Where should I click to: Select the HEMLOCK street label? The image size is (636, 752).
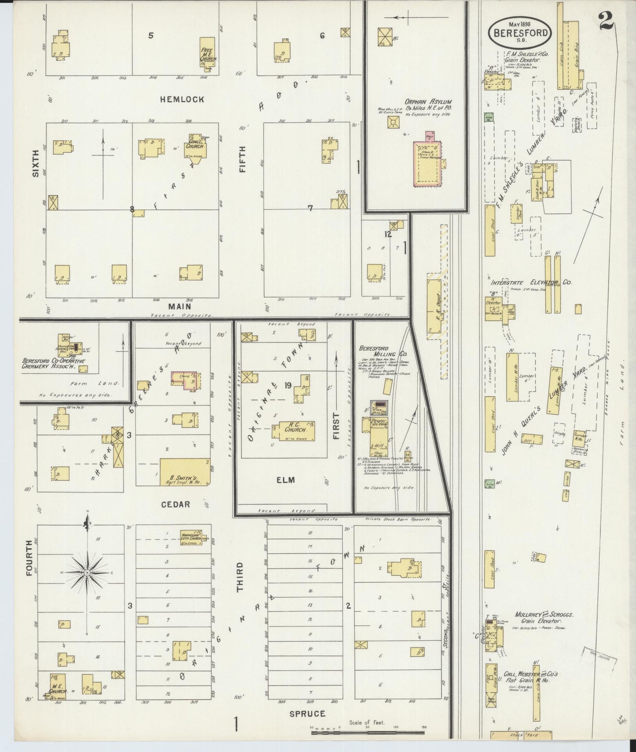[x=182, y=99]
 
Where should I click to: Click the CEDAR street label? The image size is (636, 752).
[x=175, y=504]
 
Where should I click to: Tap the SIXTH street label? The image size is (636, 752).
[x=35, y=164]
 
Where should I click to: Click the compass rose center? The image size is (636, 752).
[x=87, y=573]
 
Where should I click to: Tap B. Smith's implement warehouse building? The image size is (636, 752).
[x=184, y=472]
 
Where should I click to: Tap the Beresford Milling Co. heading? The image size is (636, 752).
[x=376, y=351]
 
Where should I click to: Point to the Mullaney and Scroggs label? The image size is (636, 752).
[x=544, y=614]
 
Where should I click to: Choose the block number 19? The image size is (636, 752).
[x=288, y=386]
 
